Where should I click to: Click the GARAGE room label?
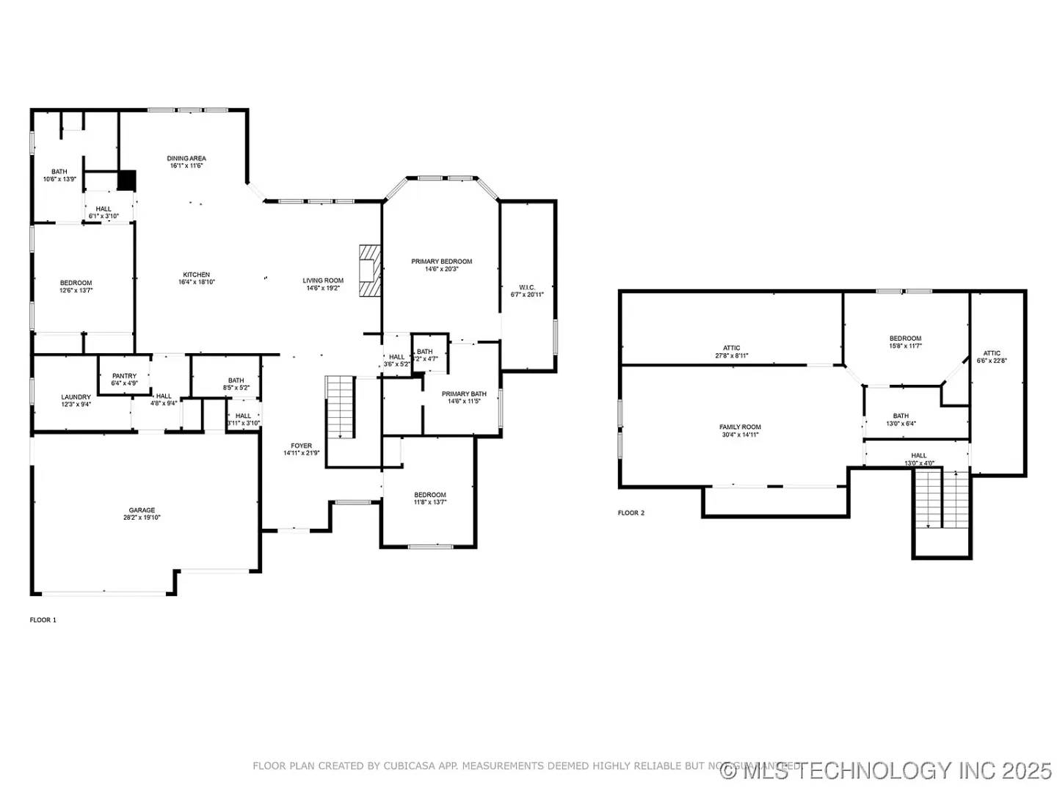pos(142,510)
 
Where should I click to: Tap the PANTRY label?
pos(124,376)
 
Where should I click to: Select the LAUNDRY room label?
pos(76,397)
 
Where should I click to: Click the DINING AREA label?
pos(186,158)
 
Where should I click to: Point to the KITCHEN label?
pos(197,275)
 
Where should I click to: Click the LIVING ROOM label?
pos(323,280)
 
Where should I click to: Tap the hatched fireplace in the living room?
pos(370,270)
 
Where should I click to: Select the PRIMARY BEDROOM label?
pos(441,261)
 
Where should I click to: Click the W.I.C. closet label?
pos(527,287)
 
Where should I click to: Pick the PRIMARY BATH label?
pos(464,394)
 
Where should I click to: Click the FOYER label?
pos(301,446)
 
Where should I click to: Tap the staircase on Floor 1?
pos(341,407)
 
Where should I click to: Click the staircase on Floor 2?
pos(942,499)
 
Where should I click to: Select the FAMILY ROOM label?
pos(740,427)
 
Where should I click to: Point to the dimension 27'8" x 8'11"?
pos(732,356)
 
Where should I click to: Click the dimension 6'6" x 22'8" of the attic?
pos(992,361)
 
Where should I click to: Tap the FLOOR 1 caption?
pos(43,620)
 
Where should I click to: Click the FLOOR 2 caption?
pos(631,513)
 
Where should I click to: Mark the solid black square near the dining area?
pos(127,180)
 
